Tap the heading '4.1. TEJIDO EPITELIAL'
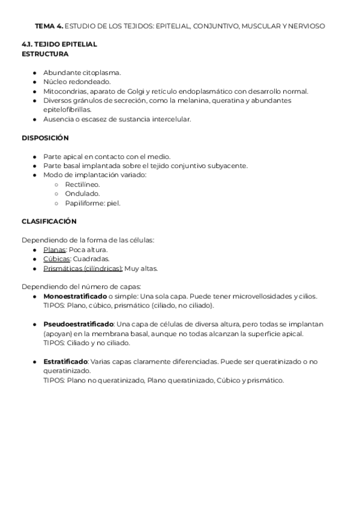[59, 44]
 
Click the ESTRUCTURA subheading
[45, 53]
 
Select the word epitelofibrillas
[67, 110]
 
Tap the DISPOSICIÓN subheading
[46, 137]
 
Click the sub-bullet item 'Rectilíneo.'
[82, 184]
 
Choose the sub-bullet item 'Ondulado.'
[82, 194]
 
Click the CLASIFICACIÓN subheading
[49, 221]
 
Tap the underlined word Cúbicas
[56, 259]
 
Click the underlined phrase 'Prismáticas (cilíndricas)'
[82, 268]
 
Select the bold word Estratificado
[65, 361]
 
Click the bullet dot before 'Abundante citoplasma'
[35, 73]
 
